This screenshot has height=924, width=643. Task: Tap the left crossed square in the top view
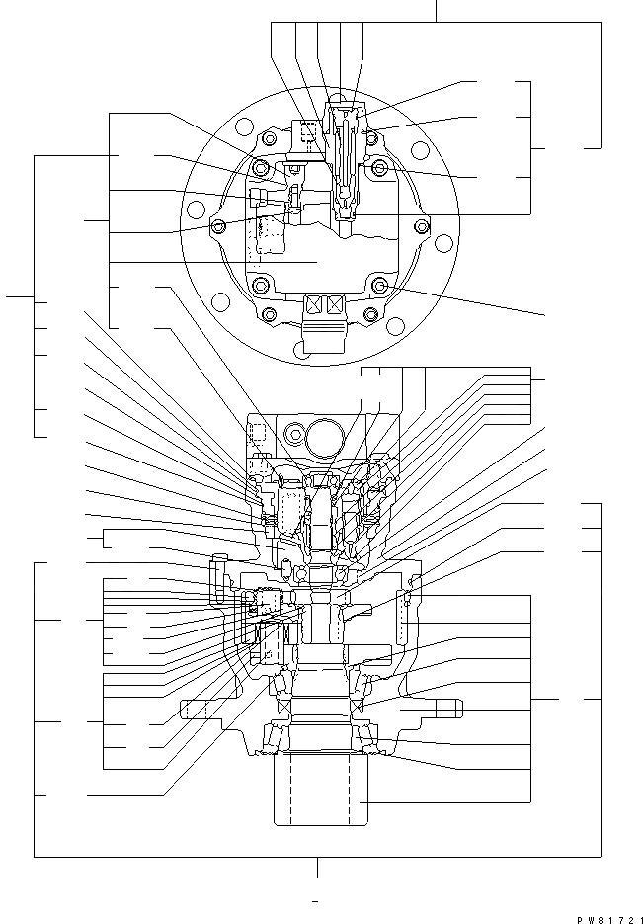pos(316,305)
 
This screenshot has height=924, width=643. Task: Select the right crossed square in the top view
pos(337,305)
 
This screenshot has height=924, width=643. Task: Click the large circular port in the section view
pos(324,434)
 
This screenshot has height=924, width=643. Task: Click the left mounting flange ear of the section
pos(196,709)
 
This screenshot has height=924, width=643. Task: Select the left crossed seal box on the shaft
pos(284,709)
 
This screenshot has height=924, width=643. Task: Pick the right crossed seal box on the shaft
pos(358,709)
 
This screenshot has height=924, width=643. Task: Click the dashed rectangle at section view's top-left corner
pos(259,433)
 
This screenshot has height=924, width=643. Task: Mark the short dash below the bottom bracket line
pos(315,901)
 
